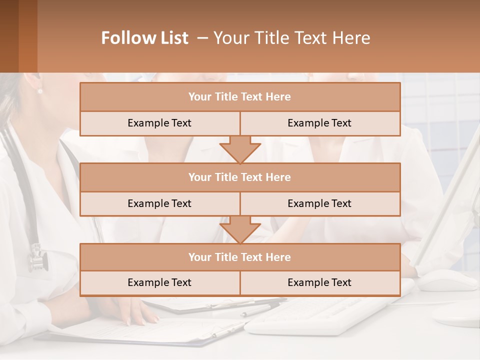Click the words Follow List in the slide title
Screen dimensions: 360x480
click(144, 38)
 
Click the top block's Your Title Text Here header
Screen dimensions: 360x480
click(239, 97)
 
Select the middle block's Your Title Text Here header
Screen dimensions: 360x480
click(239, 177)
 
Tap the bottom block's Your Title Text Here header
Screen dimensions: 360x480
click(239, 257)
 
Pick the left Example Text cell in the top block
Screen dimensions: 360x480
click(159, 123)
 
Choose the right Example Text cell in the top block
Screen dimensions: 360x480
click(319, 123)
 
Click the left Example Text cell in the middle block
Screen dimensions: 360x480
click(159, 203)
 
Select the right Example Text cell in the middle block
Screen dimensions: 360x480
click(319, 203)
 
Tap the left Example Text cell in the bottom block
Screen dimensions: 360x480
click(159, 282)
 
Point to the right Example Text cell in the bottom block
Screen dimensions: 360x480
click(319, 282)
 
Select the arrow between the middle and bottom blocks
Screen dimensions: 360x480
click(240, 229)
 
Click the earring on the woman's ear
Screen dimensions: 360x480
click(40, 91)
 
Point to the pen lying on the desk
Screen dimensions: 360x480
click(260, 310)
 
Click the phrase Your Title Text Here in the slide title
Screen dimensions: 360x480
click(291, 38)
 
